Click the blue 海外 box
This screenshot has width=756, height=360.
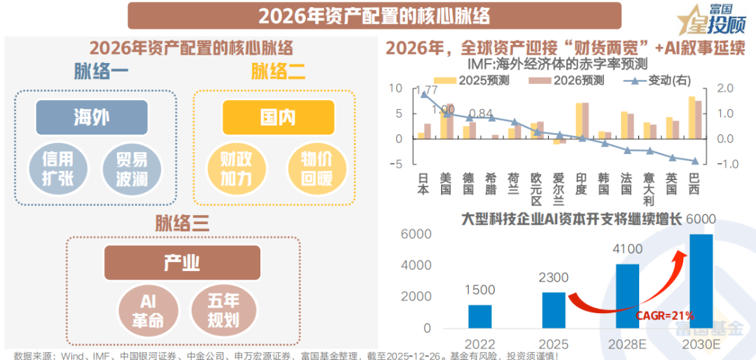[x=92, y=117]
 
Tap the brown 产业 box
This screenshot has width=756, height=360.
[x=182, y=263]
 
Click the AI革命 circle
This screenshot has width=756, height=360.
[x=148, y=310]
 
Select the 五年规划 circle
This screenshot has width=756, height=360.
[x=223, y=310]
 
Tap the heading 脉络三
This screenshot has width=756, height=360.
[x=182, y=224]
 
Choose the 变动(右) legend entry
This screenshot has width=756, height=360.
[x=654, y=80]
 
